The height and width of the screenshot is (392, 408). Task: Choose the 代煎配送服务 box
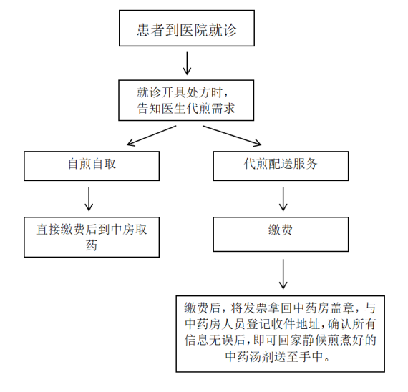pos(281,164)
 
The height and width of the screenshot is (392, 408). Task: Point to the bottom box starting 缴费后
pos(285,331)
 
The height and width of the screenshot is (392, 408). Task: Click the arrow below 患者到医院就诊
pos(188,64)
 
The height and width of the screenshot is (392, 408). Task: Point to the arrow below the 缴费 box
pos(283,273)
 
